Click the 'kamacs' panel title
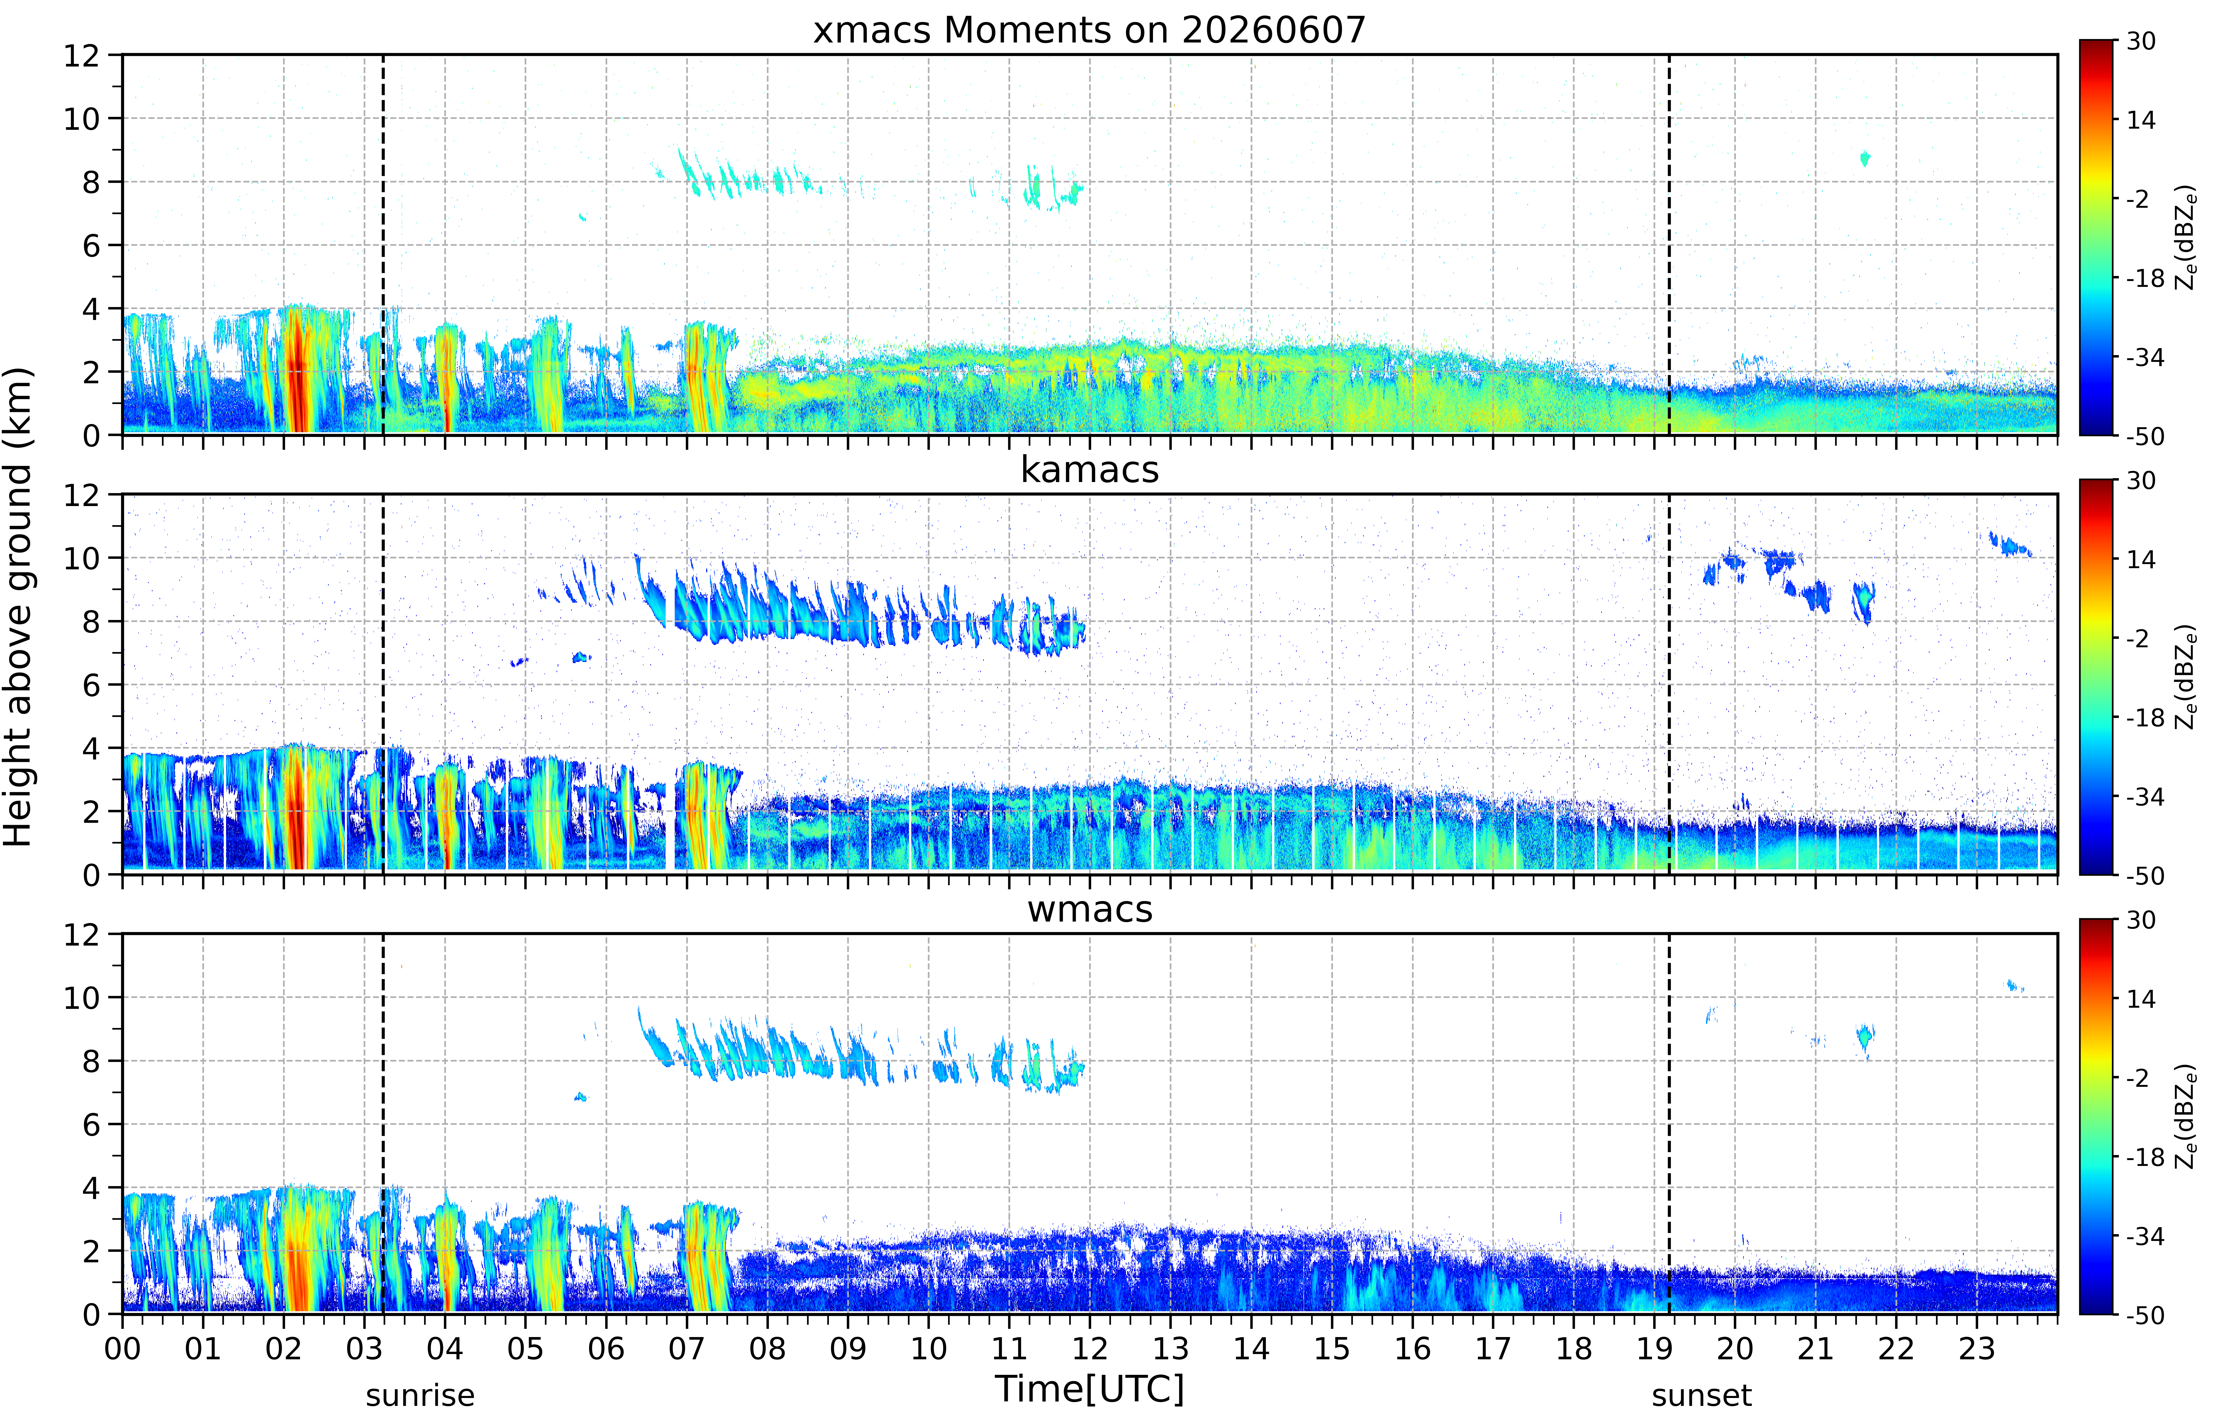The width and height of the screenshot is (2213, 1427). point(1089,470)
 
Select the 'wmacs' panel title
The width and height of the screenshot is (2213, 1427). point(1089,909)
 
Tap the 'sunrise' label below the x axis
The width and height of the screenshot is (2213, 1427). point(420,1395)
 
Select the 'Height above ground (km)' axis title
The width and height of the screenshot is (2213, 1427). point(18,607)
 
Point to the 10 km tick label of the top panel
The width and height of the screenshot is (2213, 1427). point(82,119)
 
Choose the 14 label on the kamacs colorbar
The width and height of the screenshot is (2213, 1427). point(2141,560)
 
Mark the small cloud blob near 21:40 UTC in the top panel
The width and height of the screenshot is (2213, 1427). point(1865,159)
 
